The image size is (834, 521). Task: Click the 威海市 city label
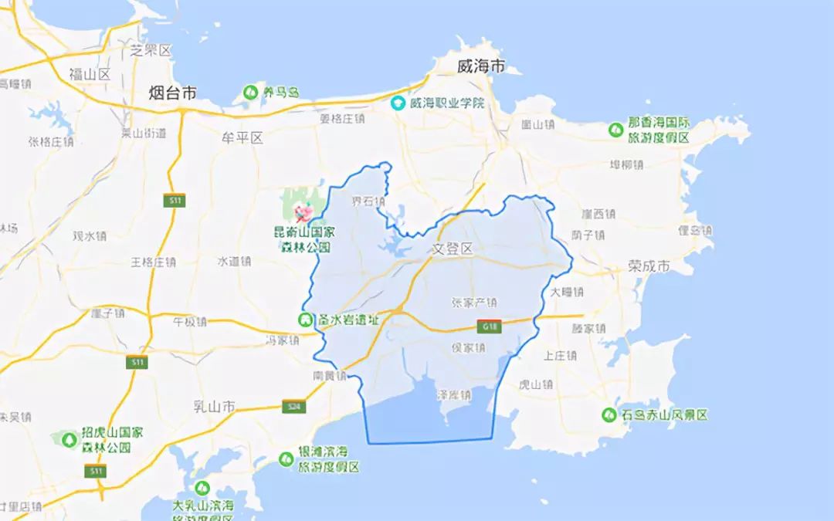(x=480, y=66)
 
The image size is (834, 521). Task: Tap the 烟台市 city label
(x=172, y=93)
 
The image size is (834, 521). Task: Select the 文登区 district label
(x=451, y=249)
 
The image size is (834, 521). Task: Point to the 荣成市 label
(x=649, y=266)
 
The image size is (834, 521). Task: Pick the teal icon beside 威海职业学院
(x=398, y=103)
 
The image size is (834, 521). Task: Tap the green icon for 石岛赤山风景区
(x=609, y=414)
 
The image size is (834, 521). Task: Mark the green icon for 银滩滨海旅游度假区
(x=286, y=459)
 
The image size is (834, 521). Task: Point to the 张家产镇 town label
(x=473, y=303)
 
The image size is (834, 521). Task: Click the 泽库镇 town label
(x=454, y=394)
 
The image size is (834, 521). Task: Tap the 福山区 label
(x=90, y=74)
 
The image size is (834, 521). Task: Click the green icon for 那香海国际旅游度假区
(x=615, y=130)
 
